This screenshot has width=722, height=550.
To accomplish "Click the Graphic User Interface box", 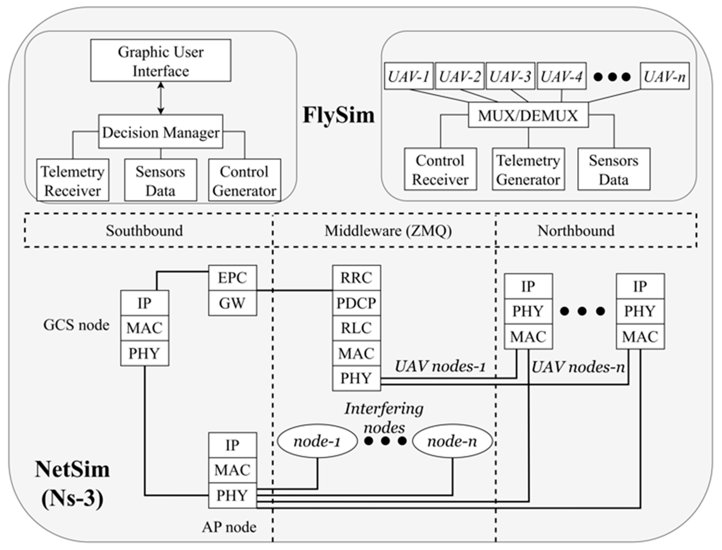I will pyautogui.click(x=161, y=61).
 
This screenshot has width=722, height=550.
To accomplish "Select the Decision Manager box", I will pyautogui.click(x=161, y=132).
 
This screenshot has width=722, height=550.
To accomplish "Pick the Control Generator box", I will pyautogui.click(x=244, y=180).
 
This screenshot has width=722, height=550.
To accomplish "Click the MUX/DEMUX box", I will pyautogui.click(x=528, y=115).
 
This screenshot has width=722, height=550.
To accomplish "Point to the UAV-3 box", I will pyautogui.click(x=510, y=76).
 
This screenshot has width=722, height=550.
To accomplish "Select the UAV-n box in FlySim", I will pyautogui.click(x=664, y=76).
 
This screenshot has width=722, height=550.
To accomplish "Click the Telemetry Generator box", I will pyautogui.click(x=528, y=169).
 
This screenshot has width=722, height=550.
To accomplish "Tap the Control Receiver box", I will pyautogui.click(x=440, y=169).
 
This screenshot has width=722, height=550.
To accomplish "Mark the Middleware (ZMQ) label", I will pyautogui.click(x=388, y=231).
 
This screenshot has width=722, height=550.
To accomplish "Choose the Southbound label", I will pyautogui.click(x=144, y=231).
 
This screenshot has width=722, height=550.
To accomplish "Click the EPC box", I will pyautogui.click(x=232, y=278).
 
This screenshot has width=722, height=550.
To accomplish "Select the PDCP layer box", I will pyautogui.click(x=356, y=303).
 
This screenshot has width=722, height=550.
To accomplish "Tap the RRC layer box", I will pyautogui.click(x=356, y=278).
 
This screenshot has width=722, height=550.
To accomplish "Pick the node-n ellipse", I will pyautogui.click(x=452, y=441).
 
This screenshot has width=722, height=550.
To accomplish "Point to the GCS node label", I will pyautogui.click(x=76, y=325).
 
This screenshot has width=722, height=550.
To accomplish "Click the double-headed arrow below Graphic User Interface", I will pyautogui.click(x=161, y=98).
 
